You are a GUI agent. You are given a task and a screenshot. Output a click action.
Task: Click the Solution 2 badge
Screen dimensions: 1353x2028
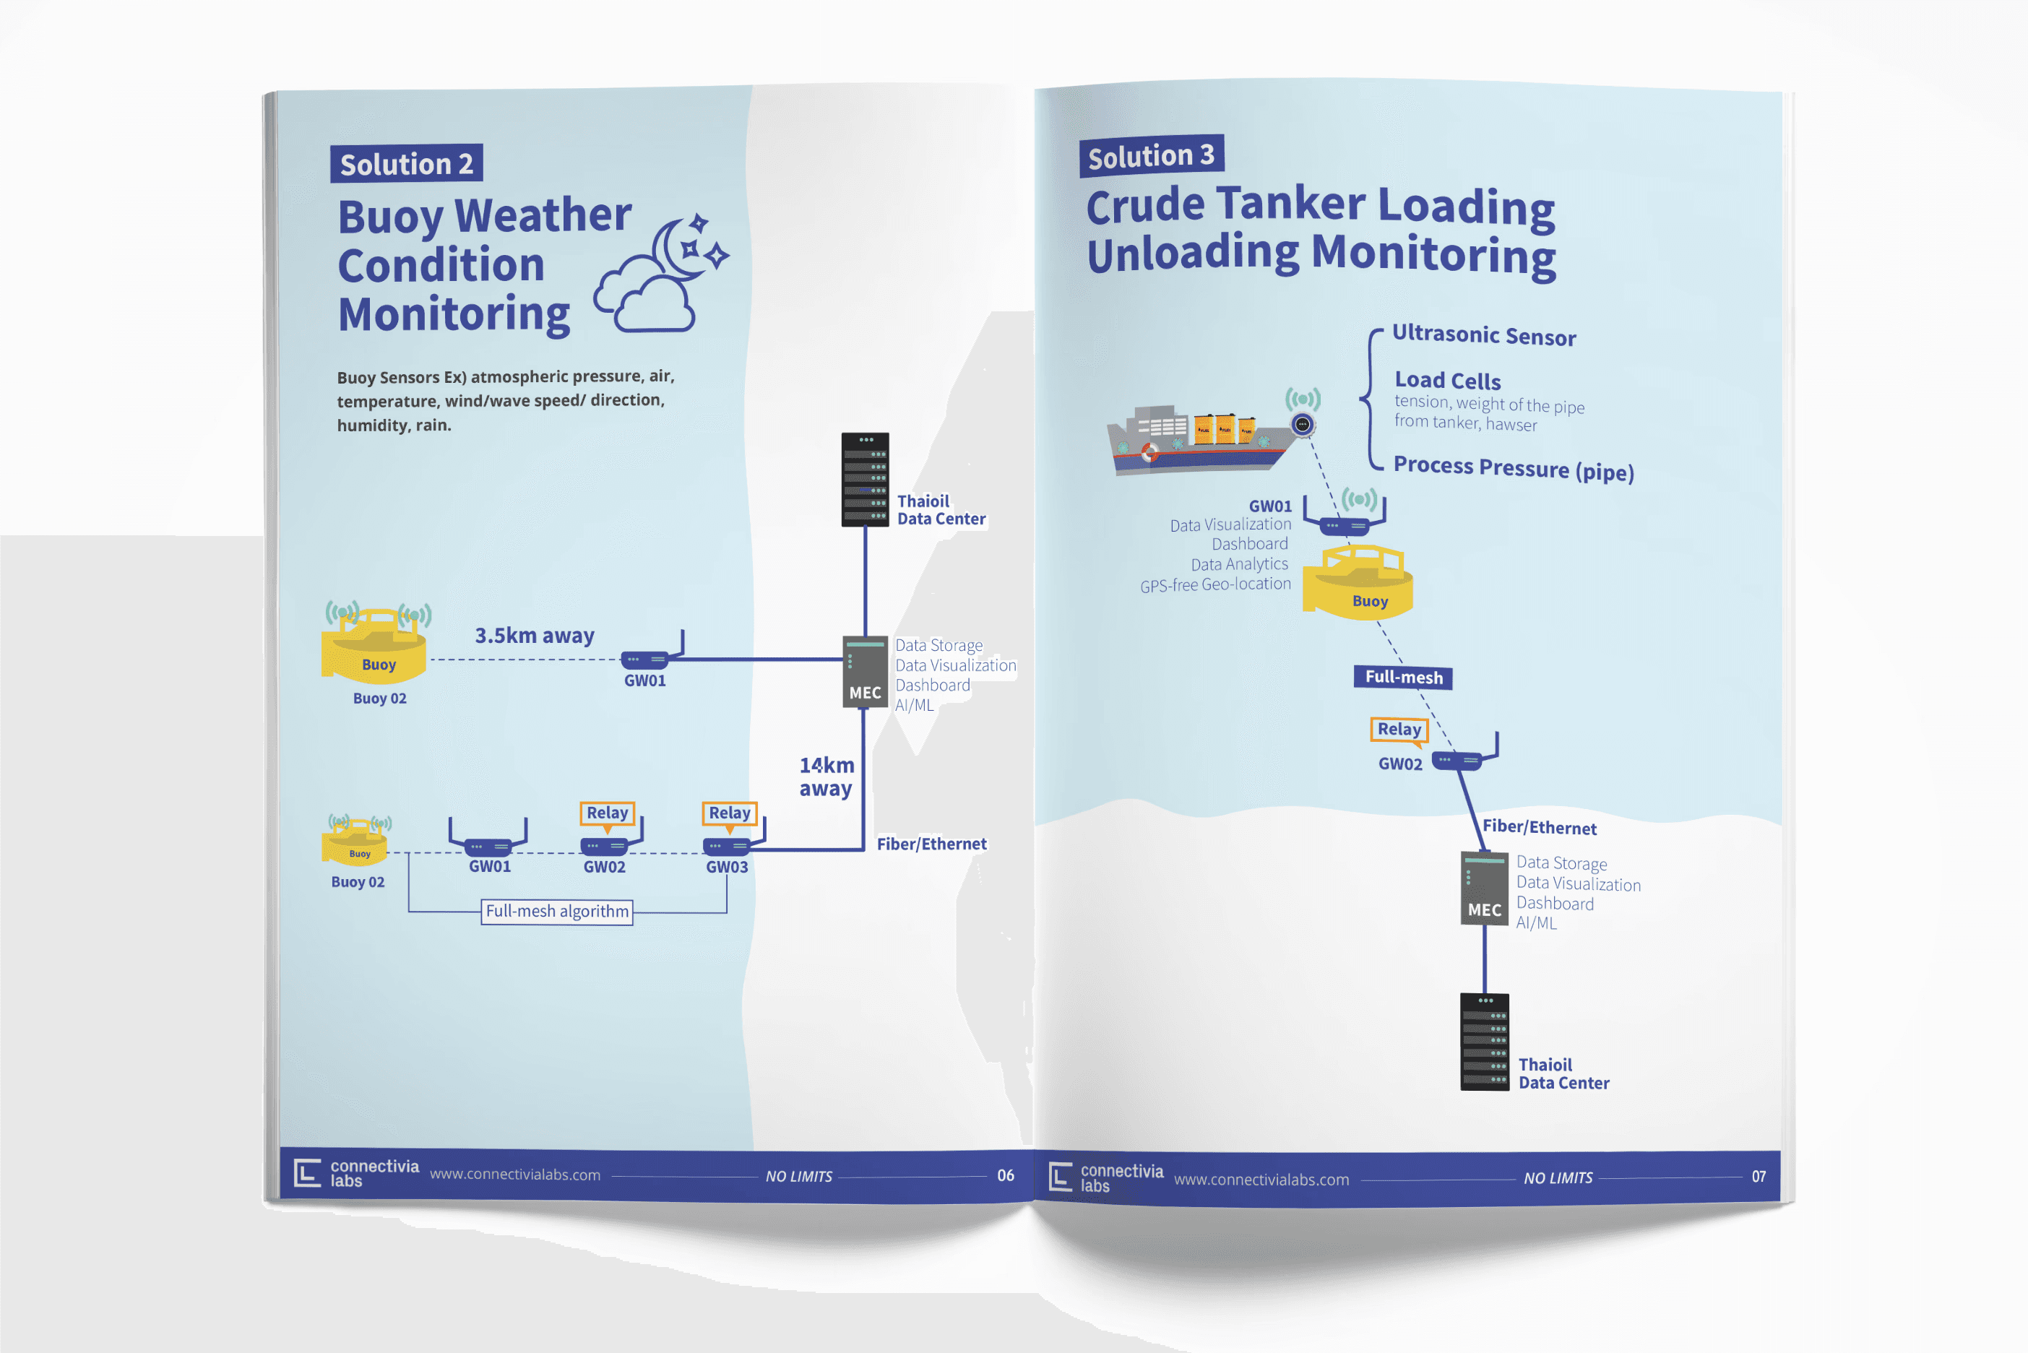(405, 164)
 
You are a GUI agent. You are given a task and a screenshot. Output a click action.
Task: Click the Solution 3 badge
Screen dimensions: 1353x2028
(1150, 156)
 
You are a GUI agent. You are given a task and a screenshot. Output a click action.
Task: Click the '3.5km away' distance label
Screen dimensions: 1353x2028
(534, 636)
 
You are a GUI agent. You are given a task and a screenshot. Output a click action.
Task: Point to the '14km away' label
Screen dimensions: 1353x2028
(826, 777)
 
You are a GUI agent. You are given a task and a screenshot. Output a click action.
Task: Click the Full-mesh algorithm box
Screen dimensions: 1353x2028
(556, 911)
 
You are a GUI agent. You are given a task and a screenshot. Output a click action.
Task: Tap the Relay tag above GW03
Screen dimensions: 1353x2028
(729, 813)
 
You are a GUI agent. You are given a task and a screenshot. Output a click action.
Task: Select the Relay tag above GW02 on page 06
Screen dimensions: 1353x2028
(607, 813)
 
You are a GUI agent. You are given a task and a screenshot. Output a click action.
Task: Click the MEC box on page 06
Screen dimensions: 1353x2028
(865, 673)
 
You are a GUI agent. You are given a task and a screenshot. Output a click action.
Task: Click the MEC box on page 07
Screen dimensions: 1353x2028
(1483, 889)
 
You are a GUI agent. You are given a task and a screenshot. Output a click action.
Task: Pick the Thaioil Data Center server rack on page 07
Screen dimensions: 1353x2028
(1484, 1042)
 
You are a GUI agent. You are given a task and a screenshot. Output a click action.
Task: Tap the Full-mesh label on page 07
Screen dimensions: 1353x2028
(1403, 678)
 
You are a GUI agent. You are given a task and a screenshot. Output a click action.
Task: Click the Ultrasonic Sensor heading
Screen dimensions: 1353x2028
(1483, 336)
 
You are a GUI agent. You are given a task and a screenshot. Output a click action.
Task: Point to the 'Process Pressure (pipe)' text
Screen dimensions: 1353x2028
(1513, 469)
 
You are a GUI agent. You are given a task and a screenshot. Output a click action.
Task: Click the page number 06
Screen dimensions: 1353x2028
(1006, 1175)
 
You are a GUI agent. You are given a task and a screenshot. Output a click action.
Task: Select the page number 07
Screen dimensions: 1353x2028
(1758, 1177)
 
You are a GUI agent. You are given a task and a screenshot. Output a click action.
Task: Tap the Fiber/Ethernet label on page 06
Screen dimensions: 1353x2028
(931, 844)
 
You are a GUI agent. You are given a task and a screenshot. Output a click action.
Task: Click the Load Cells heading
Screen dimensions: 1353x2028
(1447, 381)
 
